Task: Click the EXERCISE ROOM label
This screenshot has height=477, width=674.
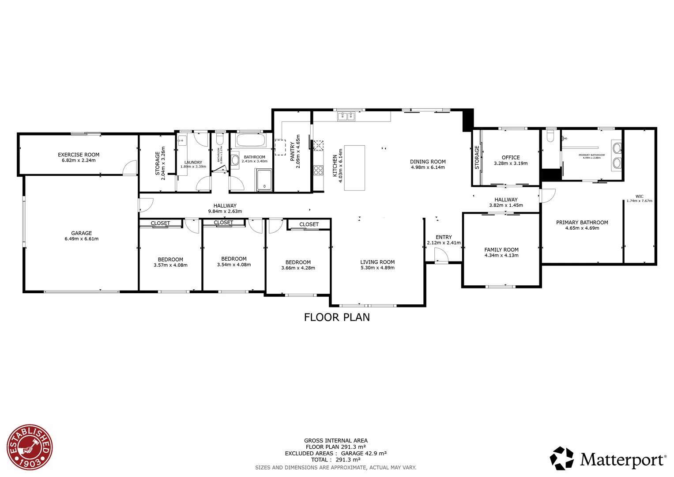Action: [x=79, y=155]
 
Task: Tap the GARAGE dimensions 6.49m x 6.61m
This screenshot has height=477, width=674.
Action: [x=82, y=239]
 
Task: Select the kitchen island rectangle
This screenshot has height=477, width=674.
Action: [x=354, y=168]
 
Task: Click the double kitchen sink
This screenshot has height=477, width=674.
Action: [x=346, y=116]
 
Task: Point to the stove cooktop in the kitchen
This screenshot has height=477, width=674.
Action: [x=318, y=170]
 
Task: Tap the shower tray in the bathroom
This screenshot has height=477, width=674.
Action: [x=264, y=180]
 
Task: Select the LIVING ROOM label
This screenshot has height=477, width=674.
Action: [x=377, y=262]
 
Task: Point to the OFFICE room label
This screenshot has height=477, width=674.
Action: [x=511, y=157]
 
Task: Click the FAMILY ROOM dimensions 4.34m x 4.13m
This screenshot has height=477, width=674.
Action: [x=501, y=255]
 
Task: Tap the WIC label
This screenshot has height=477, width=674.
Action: [x=639, y=197]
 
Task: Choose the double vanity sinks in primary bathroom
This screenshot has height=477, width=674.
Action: [x=617, y=155]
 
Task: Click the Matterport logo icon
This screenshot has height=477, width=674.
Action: [x=562, y=458]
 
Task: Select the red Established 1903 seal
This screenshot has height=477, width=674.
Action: [x=30, y=447]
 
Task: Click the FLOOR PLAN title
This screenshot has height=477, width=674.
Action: [x=337, y=317]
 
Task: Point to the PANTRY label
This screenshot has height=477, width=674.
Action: [x=292, y=151]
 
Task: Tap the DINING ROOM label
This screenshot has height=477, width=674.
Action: [x=428, y=162]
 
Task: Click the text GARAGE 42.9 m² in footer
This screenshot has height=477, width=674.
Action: [x=364, y=453]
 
